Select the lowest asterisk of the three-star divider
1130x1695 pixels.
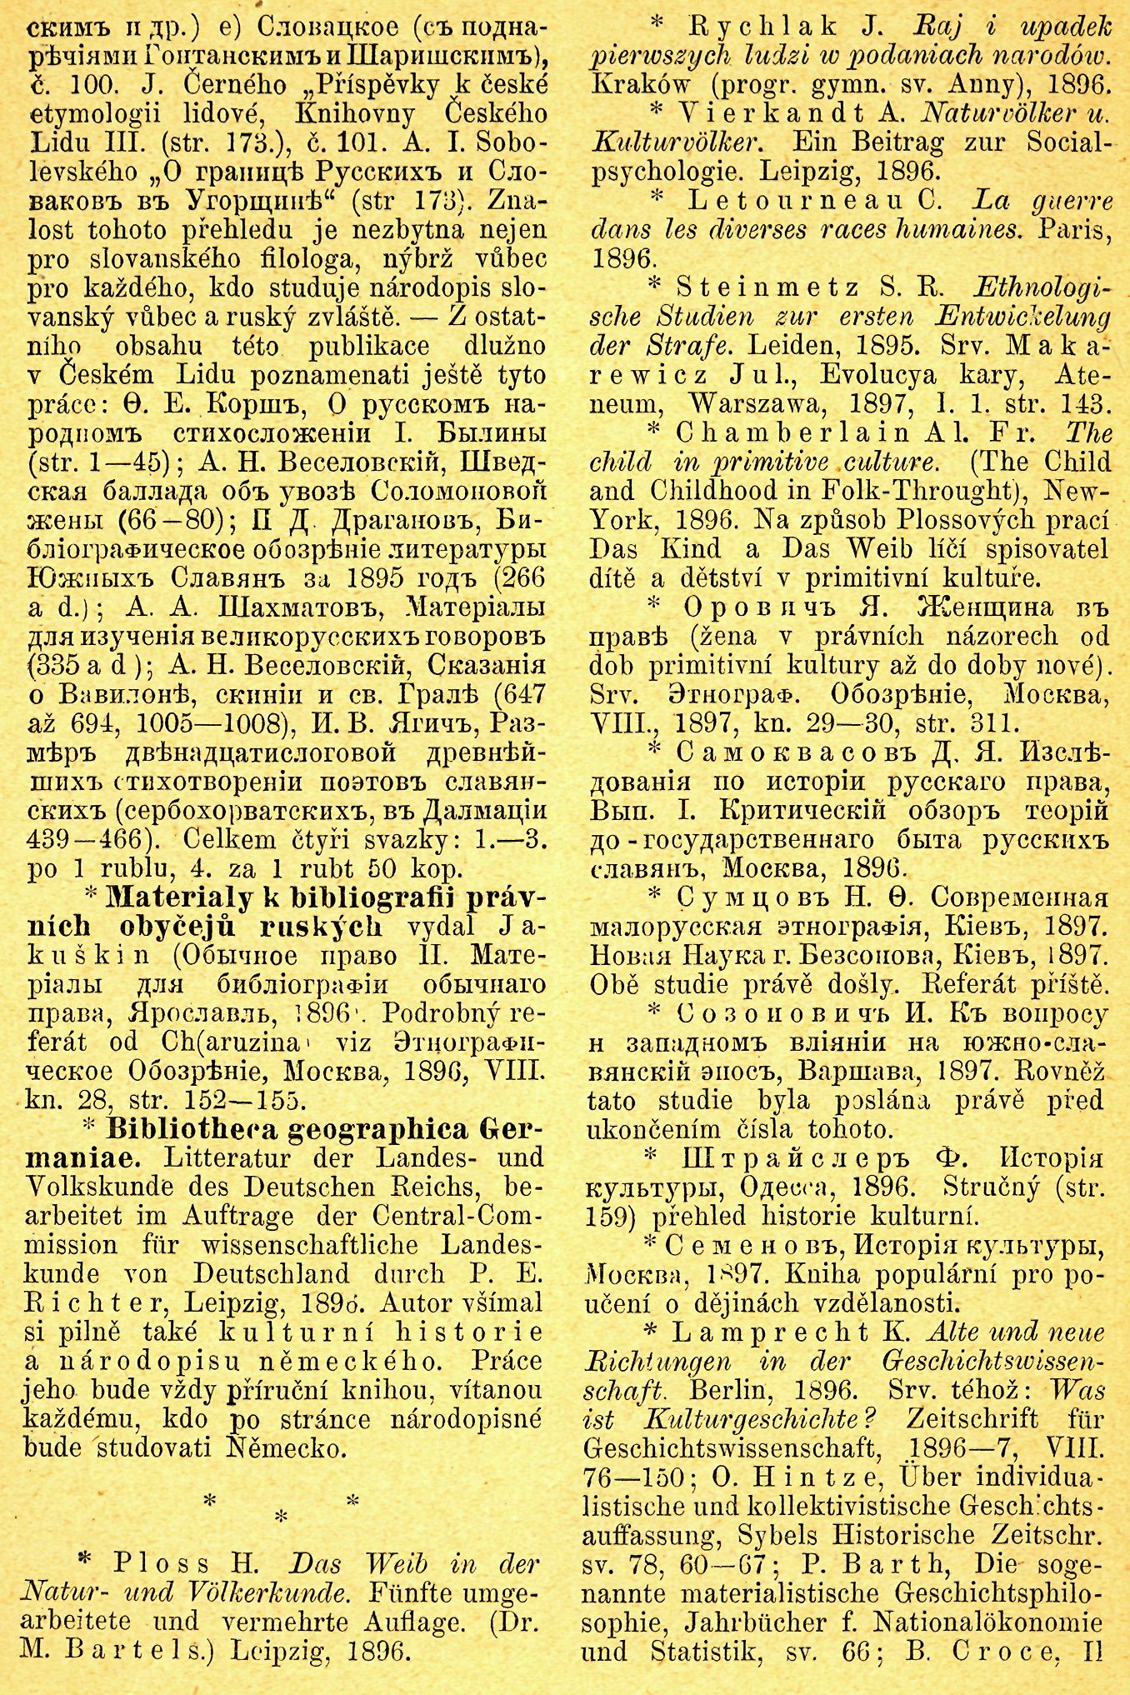(281, 1519)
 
